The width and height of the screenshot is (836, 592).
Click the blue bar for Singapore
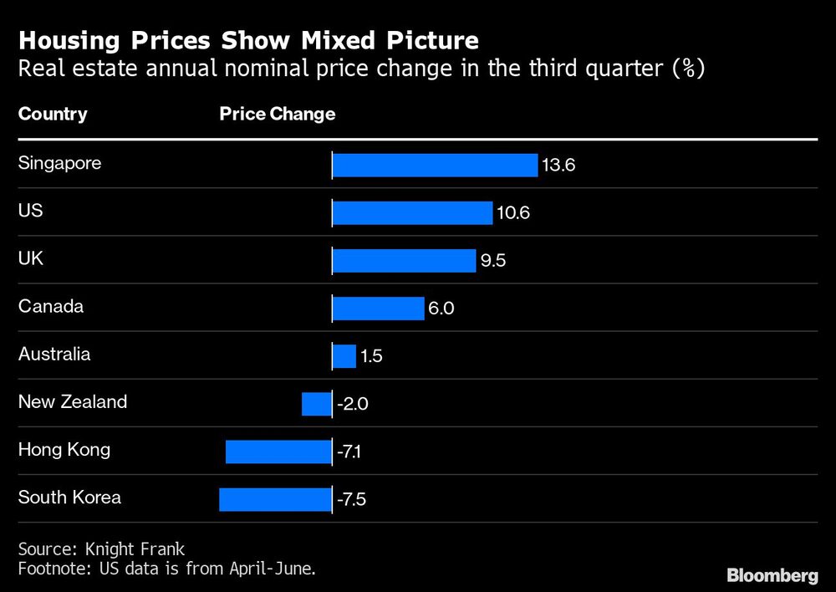click(435, 165)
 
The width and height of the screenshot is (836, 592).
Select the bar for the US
click(412, 212)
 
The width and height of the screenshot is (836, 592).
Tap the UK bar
click(404, 261)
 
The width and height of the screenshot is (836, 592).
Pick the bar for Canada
click(378, 309)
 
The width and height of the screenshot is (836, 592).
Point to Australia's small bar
click(344, 356)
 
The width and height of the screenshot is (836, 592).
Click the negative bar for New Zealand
click(317, 404)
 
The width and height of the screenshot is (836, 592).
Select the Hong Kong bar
click(278, 452)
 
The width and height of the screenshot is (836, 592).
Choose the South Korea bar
click(275, 500)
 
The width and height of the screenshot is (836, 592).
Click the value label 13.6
click(558, 166)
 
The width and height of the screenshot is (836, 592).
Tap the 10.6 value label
click(513, 213)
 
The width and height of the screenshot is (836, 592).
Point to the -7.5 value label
click(352, 501)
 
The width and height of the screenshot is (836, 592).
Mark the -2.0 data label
click(353, 405)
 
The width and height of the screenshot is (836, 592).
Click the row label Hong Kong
click(64, 450)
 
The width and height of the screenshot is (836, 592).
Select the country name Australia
click(54, 354)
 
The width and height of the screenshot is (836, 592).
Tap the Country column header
click(53, 114)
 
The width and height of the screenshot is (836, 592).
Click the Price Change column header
click(278, 114)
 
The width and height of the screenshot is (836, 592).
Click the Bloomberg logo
click(772, 575)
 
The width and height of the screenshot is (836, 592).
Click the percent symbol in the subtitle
click(685, 68)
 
